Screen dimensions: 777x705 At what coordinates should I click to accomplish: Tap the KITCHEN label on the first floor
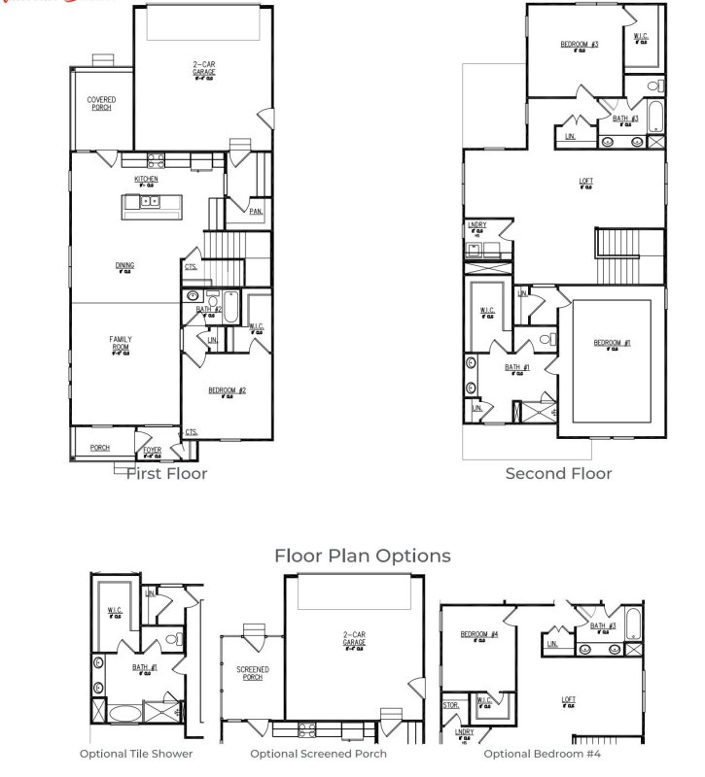146,181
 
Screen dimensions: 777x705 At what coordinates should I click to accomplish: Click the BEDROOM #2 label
227,390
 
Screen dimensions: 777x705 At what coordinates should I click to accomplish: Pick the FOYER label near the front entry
153,451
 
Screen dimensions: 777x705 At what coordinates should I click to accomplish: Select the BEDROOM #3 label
579,45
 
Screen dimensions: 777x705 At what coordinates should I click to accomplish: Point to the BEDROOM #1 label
613,343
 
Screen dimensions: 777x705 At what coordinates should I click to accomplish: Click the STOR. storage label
450,705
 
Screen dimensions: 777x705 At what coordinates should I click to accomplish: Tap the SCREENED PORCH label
253,673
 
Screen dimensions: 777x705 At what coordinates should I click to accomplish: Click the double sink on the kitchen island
150,203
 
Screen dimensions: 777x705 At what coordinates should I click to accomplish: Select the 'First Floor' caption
166,473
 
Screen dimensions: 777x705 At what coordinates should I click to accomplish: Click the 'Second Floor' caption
558,473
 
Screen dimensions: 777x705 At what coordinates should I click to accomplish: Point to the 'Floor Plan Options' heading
362,556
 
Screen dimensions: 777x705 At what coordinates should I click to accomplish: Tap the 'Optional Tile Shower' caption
136,753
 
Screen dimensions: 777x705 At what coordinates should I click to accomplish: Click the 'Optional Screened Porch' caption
318,753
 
